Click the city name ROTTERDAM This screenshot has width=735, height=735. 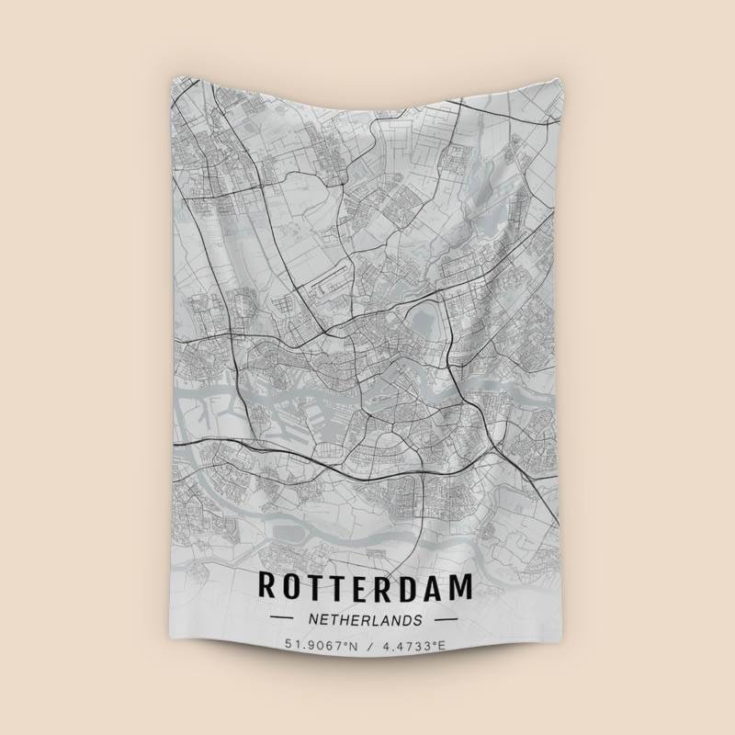(367, 585)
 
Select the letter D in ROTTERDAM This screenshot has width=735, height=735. (417, 585)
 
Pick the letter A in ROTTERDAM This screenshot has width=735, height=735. (441, 585)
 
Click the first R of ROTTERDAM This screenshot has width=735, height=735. (267, 585)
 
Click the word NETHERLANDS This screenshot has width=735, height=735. (367, 619)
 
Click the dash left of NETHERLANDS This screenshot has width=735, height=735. (282, 619)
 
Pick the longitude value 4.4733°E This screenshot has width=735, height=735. (414, 647)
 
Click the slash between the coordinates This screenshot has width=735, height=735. (369, 647)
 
